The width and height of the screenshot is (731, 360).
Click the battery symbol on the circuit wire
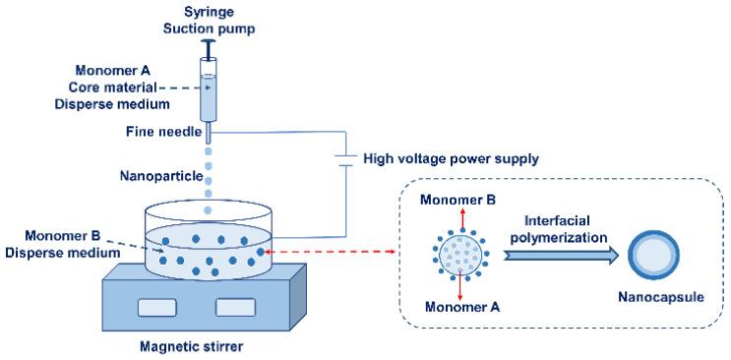point(343,157)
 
